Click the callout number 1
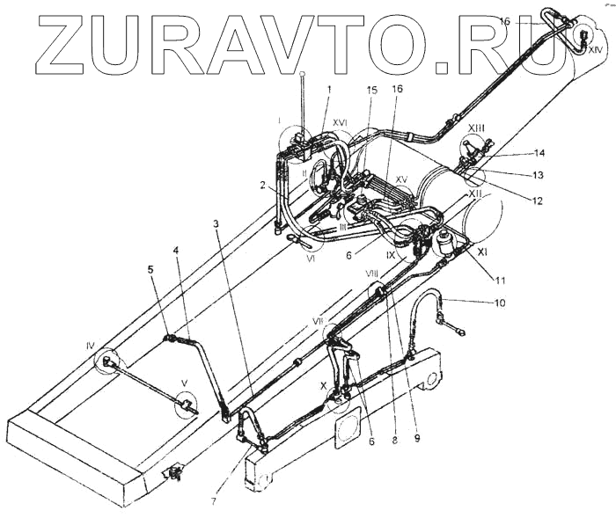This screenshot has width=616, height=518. click(x=329, y=89)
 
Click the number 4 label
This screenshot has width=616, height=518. click(x=176, y=250)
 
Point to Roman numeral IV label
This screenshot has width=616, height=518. click(x=90, y=347)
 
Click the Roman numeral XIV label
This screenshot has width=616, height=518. click(x=596, y=51)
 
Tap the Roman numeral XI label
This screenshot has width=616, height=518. click(x=482, y=251)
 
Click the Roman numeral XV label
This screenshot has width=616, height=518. click(x=400, y=179)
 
